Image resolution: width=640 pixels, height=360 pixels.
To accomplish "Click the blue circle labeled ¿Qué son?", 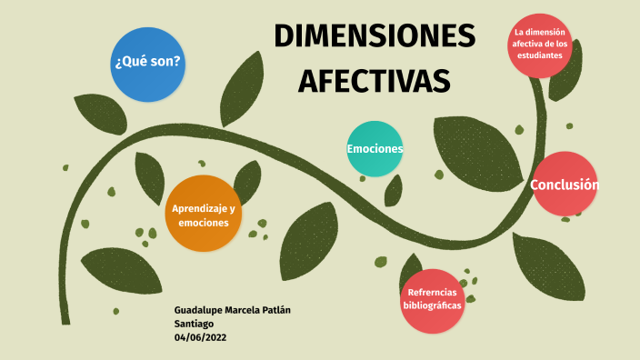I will (x=146, y=64).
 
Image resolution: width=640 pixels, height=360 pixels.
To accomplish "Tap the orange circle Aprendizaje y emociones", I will (x=204, y=215).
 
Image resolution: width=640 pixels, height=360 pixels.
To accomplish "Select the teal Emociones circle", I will (x=375, y=148).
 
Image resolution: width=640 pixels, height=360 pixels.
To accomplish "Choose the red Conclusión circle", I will (x=565, y=185).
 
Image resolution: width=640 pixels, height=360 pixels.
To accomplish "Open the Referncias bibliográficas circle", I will (x=432, y=300).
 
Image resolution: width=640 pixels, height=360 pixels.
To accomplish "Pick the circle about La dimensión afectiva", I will (x=540, y=45).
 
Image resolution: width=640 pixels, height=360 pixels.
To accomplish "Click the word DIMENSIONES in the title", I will (x=375, y=37).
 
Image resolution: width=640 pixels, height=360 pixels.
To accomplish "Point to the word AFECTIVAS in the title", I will (x=375, y=80).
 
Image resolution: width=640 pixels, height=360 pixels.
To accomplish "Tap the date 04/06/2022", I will (x=200, y=337).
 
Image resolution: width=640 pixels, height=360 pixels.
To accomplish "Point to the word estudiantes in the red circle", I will (x=540, y=55).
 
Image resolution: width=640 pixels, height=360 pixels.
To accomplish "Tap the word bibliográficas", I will (x=432, y=306).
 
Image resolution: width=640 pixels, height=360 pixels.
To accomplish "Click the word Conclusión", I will (x=565, y=185).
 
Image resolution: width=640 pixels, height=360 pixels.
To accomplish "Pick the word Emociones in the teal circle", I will (x=375, y=148).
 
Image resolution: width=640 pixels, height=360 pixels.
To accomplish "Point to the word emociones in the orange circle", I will (x=204, y=223).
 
